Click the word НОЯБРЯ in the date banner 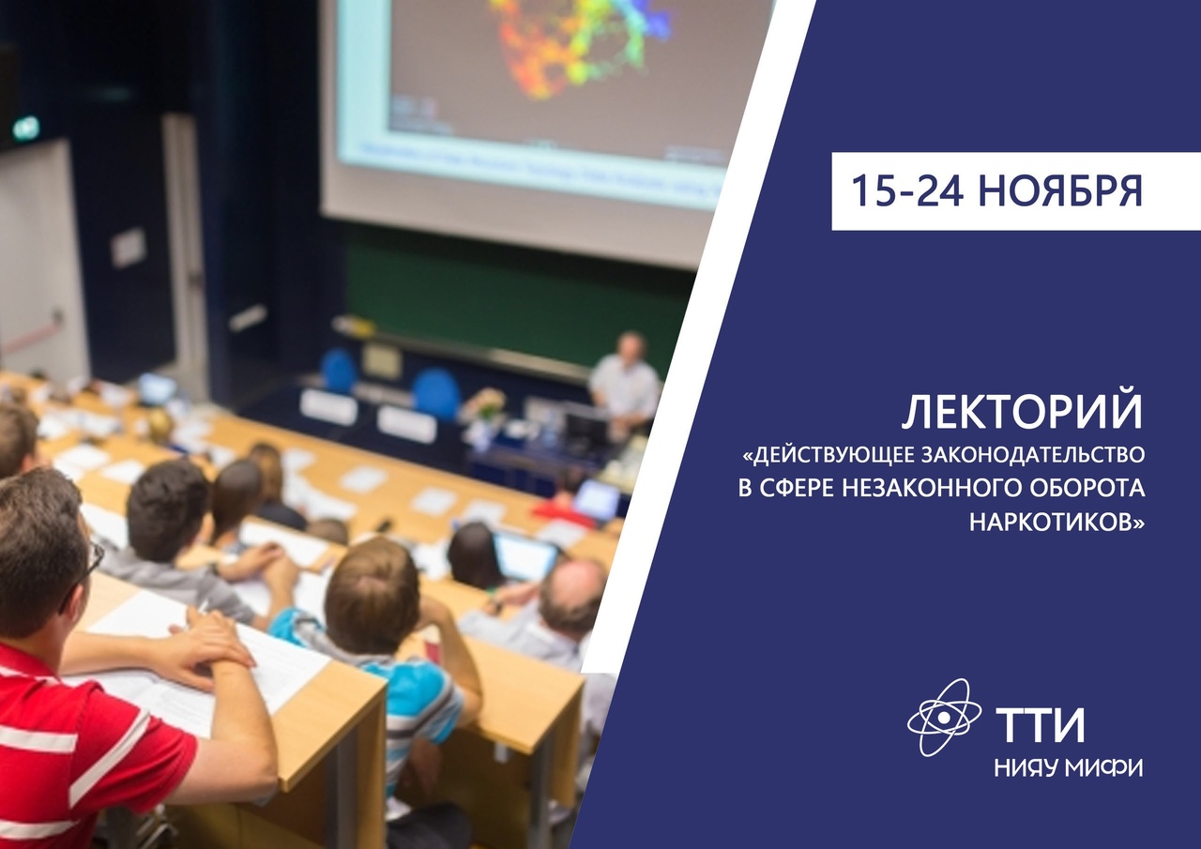point(1060,190)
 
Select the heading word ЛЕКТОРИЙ point(1022,413)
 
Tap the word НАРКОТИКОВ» point(1057,523)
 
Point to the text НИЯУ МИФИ point(1069,768)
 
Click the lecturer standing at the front point(625,385)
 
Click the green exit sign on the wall point(26,129)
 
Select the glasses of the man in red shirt point(91,562)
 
